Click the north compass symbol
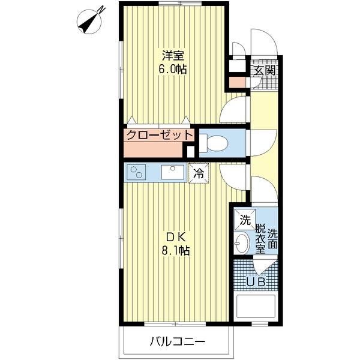[90, 21]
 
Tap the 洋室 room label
[173, 55]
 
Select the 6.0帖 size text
[173, 69]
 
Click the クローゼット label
[160, 135]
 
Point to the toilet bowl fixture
[214, 143]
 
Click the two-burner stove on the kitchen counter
[136, 172]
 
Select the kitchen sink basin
[173, 172]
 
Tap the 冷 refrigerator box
[199, 173]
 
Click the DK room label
[176, 238]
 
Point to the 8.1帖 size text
[176, 251]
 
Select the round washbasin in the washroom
[242, 243]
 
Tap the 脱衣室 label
[260, 239]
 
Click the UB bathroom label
[256, 282]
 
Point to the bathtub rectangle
[256, 306]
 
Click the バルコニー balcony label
[177, 341]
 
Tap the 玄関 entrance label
[265, 70]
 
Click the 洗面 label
[273, 239]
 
